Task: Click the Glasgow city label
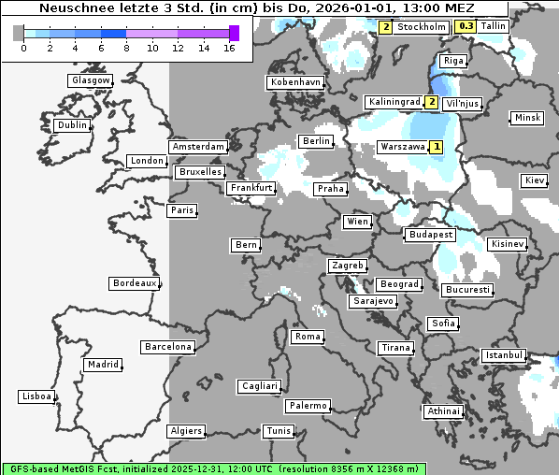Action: tap(91, 80)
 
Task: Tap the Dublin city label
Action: tap(72, 125)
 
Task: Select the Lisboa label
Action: tap(36, 397)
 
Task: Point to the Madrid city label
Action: tap(102, 365)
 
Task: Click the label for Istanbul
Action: tap(504, 356)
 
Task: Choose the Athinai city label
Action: tap(443, 411)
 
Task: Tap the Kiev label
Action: tap(535, 180)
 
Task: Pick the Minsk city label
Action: tap(527, 118)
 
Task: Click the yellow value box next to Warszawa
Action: tap(436, 147)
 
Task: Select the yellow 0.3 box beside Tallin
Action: tap(466, 26)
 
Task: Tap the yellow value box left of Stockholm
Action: tap(386, 27)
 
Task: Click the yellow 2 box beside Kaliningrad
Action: tap(431, 102)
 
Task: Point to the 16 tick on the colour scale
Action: tap(230, 47)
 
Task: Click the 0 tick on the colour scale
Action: tap(22, 47)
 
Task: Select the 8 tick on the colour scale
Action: tap(126, 47)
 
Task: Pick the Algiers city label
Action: tap(185, 431)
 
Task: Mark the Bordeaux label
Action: tap(134, 283)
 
